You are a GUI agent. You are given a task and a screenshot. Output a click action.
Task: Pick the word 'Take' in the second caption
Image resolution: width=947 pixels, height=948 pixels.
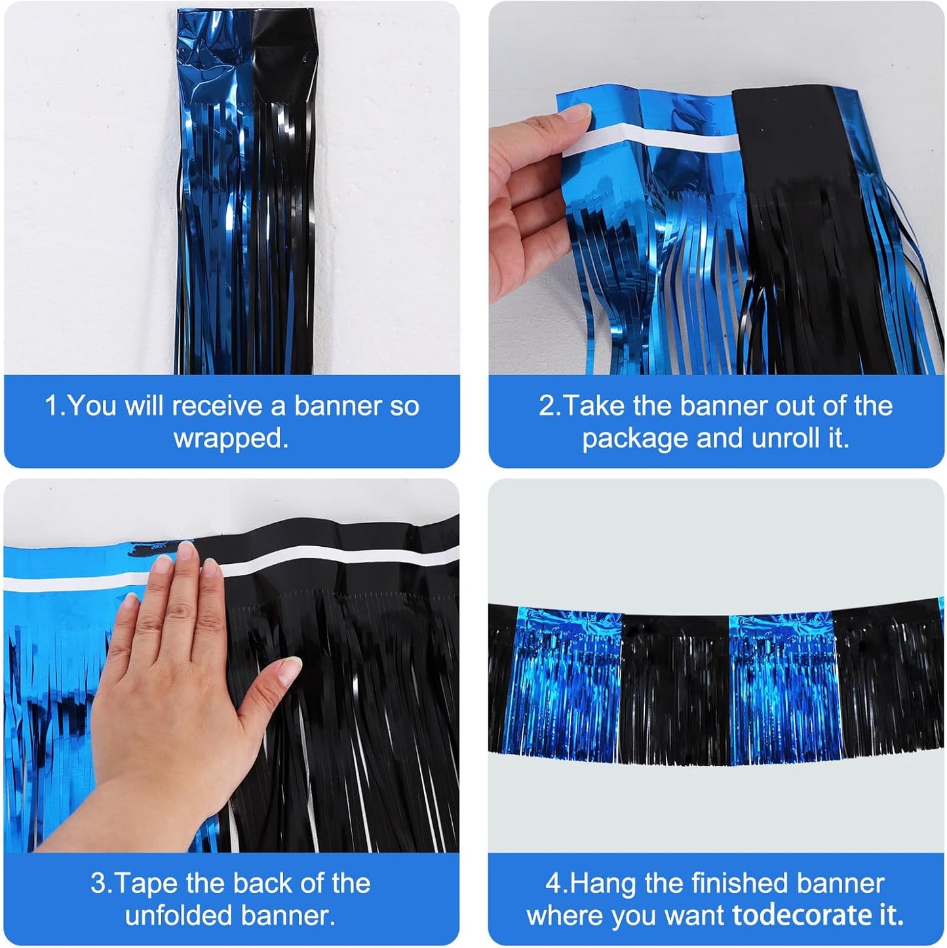click(594, 406)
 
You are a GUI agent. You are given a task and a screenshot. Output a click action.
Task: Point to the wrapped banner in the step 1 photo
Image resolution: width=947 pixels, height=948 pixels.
click(246, 197)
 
